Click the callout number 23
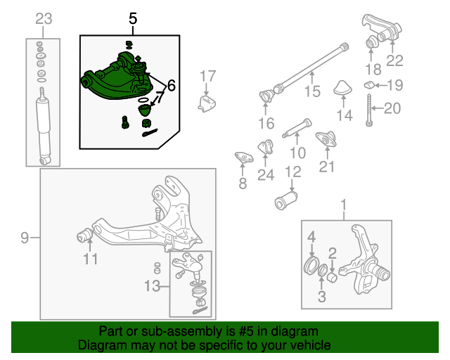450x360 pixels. click(44, 19)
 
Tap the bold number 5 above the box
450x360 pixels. click(133, 19)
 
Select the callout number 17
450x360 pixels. click(207, 77)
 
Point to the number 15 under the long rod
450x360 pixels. click(312, 91)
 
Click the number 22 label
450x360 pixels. click(395, 60)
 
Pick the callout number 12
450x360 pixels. click(293, 172)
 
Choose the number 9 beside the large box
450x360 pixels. click(25, 238)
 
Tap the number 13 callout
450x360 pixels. click(152, 286)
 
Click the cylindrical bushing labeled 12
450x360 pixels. click(286, 200)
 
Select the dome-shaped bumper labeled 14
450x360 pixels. click(342, 87)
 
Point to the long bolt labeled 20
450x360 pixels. click(369, 110)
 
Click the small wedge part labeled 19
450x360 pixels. click(368, 85)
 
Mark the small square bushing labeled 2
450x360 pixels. click(333, 277)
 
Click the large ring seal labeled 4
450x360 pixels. click(311, 264)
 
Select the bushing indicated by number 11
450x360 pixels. click(84, 235)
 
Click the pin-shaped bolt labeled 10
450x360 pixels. click(297, 128)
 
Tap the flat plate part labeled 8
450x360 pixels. click(244, 157)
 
